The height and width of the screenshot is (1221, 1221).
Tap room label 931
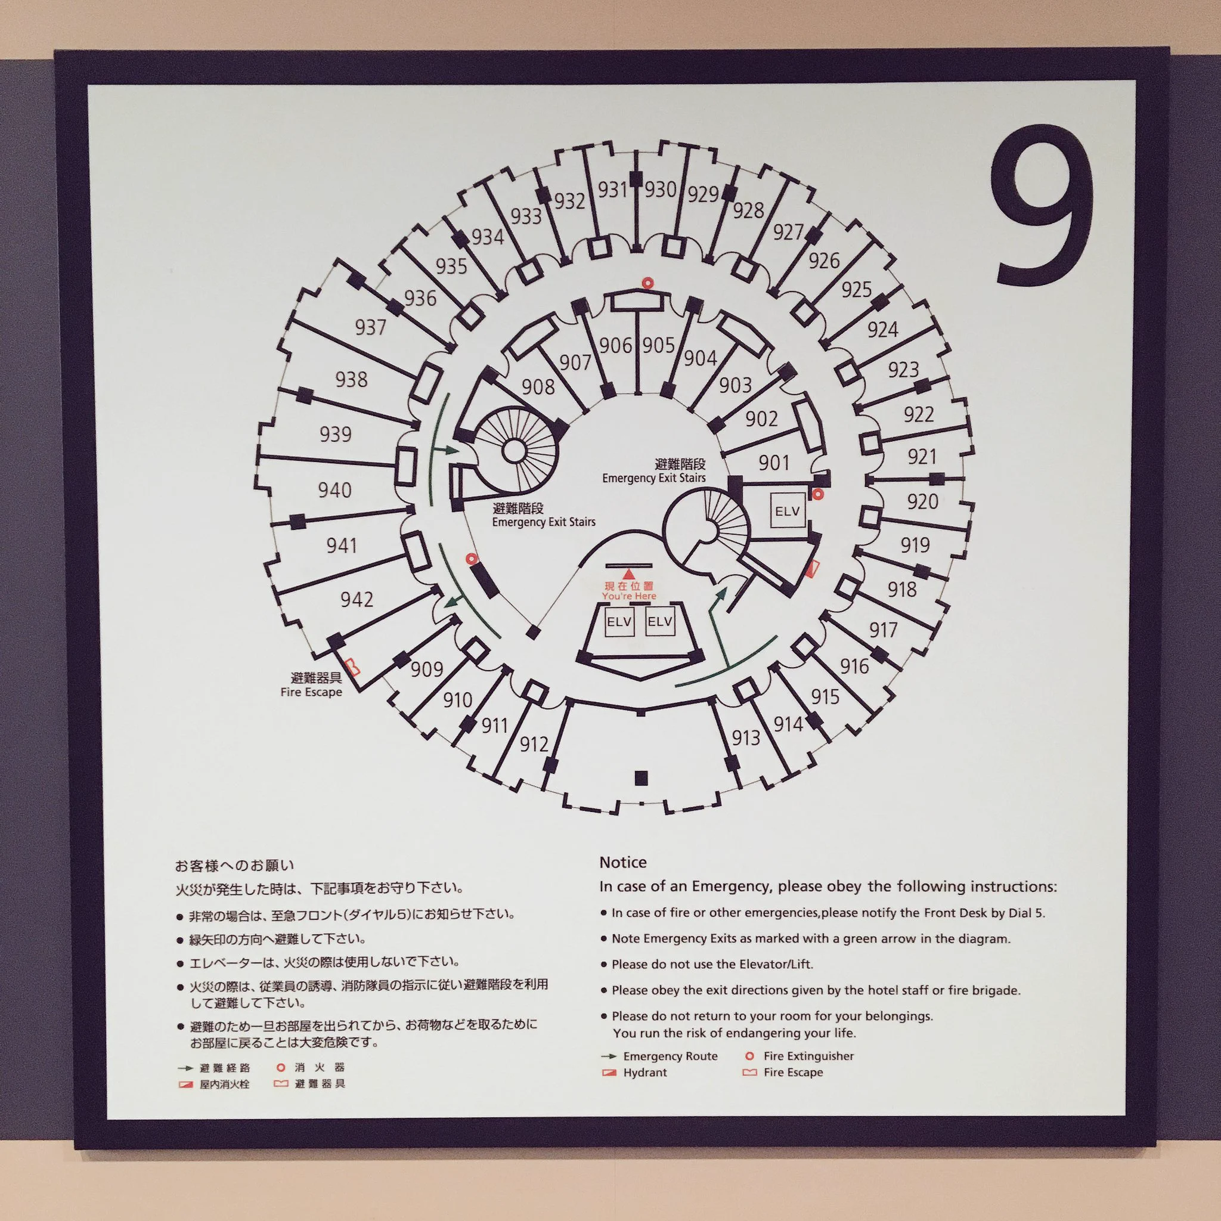pos(612,189)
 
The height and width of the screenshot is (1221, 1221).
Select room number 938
pos(351,379)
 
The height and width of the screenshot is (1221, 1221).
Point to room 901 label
pos(773,463)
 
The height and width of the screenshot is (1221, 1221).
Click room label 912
pos(534,744)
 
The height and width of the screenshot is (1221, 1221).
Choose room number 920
pos(922,502)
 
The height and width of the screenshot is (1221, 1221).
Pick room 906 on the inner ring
pos(615,345)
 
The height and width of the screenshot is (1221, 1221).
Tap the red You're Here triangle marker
pos(628,574)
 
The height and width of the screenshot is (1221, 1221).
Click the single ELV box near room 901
pos(788,511)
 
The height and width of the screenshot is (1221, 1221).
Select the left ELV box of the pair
pos(619,622)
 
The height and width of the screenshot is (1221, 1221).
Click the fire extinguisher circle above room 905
pos(646,283)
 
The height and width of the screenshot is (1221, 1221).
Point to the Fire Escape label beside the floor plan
pos(312,692)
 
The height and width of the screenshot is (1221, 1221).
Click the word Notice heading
pos(622,863)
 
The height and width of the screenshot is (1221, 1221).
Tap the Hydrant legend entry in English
pos(644,1073)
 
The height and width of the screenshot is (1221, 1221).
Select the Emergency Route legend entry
pos(670,1056)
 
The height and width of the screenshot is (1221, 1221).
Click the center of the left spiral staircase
pos(515,451)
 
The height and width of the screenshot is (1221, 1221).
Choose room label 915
pos(825,696)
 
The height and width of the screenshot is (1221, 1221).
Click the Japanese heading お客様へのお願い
pos(234,865)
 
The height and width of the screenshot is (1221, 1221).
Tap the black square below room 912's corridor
pos(642,778)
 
